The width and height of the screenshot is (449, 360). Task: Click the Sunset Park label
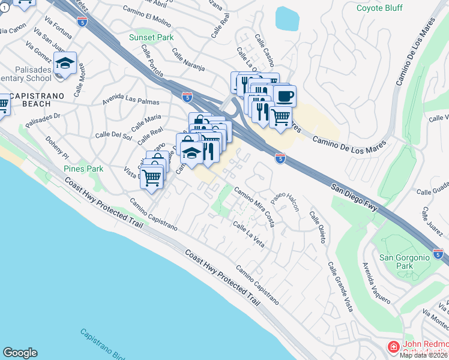click(x=151, y=37)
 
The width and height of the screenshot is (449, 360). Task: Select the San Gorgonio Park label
click(x=406, y=262)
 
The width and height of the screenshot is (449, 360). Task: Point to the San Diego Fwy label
click(x=355, y=196)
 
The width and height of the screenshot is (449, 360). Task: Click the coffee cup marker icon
click(x=285, y=95)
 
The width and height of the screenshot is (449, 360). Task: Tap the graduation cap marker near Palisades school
click(x=65, y=63)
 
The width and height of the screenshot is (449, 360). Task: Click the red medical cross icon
click(x=393, y=347)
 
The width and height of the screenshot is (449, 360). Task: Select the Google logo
click(x=20, y=353)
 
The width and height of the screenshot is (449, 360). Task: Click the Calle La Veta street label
click(x=249, y=233)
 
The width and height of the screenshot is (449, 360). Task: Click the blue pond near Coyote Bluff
click(x=287, y=19)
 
